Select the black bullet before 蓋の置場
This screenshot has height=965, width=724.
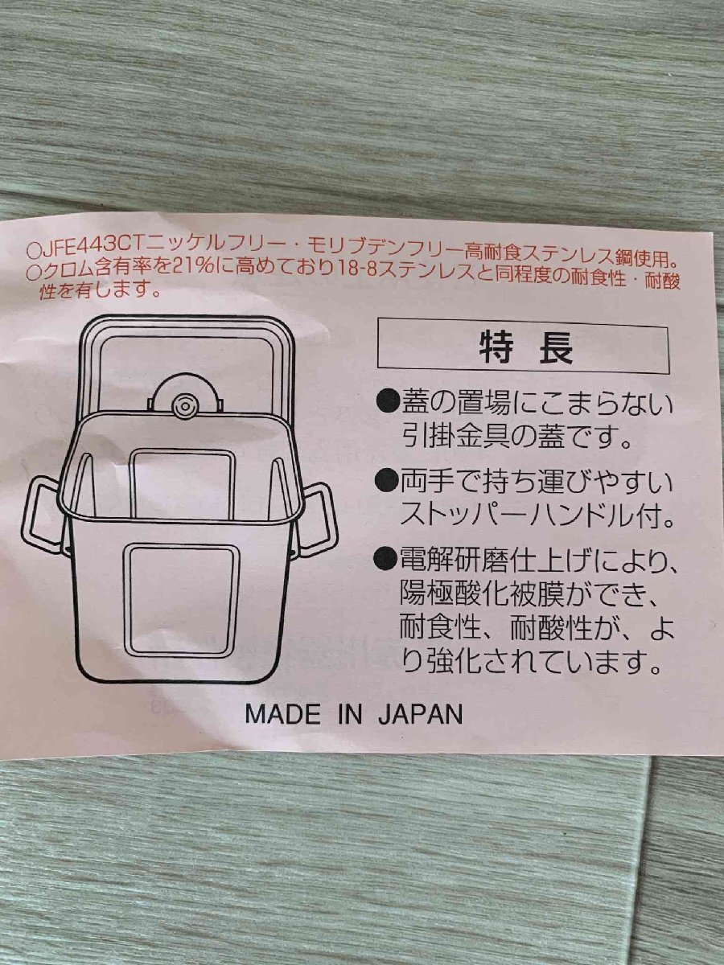386,402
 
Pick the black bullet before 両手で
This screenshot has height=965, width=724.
386,482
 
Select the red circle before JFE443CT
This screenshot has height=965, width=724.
35,252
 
